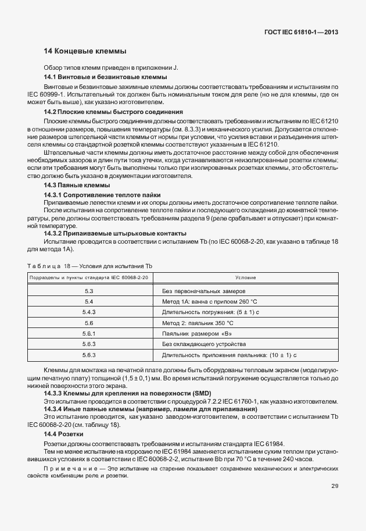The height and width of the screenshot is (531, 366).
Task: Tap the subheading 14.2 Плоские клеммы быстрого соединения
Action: (113, 112)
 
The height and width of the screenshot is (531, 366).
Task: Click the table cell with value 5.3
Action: (89, 290)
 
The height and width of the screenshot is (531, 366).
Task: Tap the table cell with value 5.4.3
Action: (89, 312)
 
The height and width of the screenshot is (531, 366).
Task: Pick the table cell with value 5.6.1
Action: (89, 333)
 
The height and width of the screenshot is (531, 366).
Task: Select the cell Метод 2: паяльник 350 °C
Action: (198, 323)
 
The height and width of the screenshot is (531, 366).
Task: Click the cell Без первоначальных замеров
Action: (204, 290)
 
